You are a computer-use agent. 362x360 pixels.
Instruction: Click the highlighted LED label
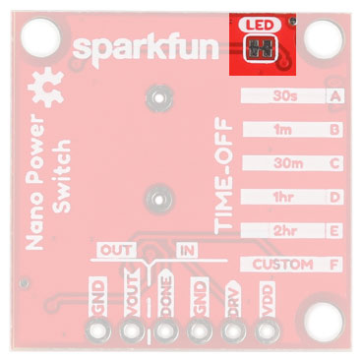point(262,25)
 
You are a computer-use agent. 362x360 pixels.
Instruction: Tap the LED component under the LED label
point(262,49)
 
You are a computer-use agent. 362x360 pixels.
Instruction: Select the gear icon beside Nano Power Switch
point(43,94)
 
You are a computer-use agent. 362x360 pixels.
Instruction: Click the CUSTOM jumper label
point(282,265)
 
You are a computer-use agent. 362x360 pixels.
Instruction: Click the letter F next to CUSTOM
point(336,265)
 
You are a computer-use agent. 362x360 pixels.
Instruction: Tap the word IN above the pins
point(186,250)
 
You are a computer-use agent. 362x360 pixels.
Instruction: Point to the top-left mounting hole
point(43,38)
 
